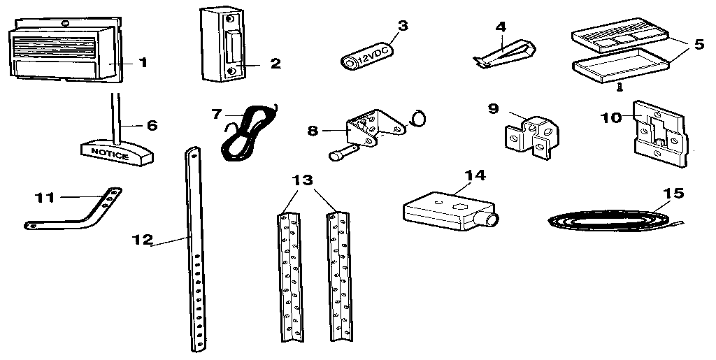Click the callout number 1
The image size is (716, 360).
[x=143, y=63]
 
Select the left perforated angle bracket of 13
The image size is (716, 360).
[x=289, y=278]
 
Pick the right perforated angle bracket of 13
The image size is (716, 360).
[x=340, y=278]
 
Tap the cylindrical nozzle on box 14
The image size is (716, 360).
[x=490, y=220]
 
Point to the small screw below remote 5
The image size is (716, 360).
[x=618, y=88]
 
